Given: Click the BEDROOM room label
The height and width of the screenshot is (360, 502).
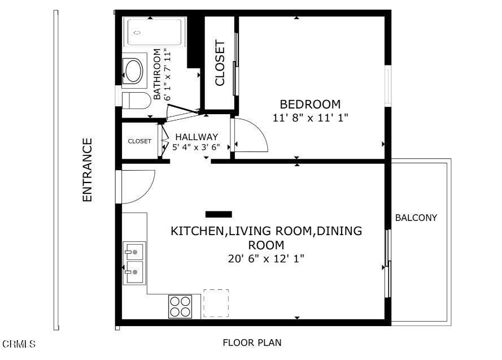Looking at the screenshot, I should [x=310, y=105].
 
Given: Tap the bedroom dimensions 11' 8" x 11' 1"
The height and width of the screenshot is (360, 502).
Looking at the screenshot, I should [x=310, y=119].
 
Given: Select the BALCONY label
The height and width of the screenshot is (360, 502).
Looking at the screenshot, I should [x=416, y=218].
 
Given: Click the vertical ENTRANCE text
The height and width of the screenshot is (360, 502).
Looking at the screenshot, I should [x=87, y=170].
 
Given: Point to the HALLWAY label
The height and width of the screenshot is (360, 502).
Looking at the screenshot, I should [x=196, y=137].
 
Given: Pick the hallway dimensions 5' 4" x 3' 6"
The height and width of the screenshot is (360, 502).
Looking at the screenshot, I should [x=196, y=147].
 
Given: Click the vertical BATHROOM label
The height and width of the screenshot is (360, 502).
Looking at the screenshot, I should [x=158, y=75].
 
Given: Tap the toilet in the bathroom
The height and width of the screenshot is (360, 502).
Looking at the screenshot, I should [x=136, y=101].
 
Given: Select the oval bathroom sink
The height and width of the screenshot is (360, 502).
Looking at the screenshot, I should [x=134, y=71].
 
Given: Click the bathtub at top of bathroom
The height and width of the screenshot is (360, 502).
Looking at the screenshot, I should [x=155, y=32].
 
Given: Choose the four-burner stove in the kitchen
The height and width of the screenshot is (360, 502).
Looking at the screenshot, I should [x=180, y=306].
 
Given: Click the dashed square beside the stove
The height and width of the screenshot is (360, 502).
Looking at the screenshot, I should [x=216, y=303].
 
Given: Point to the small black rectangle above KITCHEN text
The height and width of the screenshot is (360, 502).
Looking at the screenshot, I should [x=219, y=214].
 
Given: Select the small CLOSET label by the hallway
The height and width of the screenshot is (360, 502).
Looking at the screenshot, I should [x=139, y=141].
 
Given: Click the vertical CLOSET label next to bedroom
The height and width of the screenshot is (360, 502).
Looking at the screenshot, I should [x=220, y=63].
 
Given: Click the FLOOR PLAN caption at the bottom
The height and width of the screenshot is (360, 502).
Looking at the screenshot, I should [x=252, y=342].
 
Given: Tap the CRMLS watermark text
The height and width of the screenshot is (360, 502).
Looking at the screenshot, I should [x=19, y=344].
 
